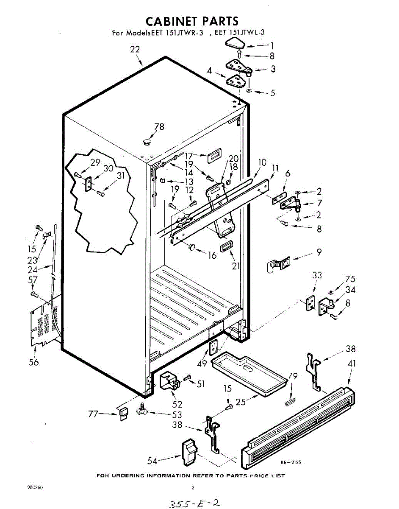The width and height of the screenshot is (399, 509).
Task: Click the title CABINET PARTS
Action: tap(192, 21)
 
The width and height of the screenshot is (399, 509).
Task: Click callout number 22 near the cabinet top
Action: tap(135, 49)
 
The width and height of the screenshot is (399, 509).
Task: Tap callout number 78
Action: tap(159, 126)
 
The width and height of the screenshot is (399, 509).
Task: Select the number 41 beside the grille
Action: tap(352, 364)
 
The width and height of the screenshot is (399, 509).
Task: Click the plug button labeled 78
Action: tap(147, 141)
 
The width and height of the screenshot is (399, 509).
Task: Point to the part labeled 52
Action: tap(169, 380)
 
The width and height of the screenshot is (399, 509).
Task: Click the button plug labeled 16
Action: tap(191, 246)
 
